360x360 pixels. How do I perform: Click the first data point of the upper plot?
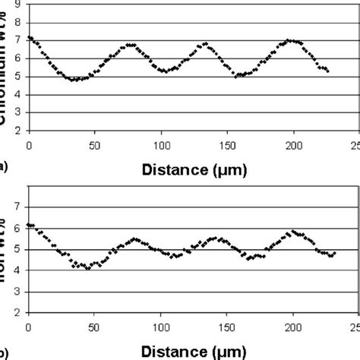click(29, 37)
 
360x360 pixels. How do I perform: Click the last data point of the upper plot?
click(327, 71)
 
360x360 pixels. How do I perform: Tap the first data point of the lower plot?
click(28, 225)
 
